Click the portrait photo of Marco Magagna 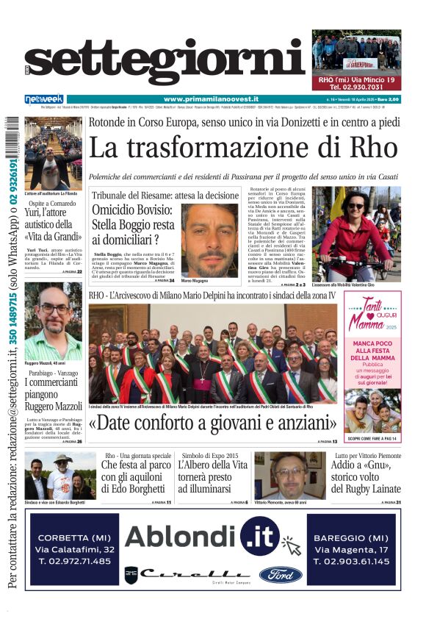coord(209,239)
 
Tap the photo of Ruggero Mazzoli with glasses coord(53,320)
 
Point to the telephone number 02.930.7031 coord(356,87)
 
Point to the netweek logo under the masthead coord(43,99)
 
